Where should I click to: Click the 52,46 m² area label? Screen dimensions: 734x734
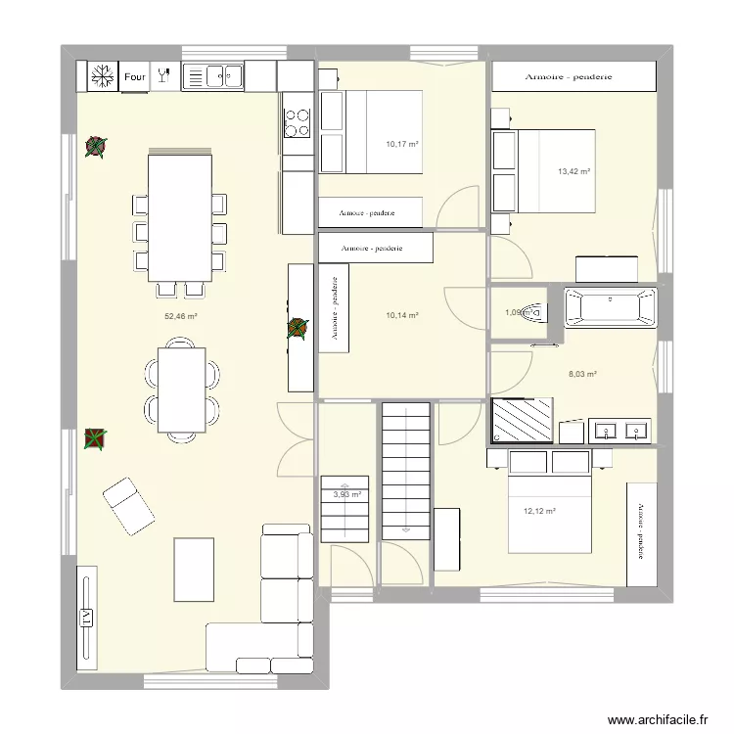point(181,316)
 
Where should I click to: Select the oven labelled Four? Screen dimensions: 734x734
point(135,75)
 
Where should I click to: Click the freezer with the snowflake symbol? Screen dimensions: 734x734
point(99,75)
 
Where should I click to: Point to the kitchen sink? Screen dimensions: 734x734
point(212,75)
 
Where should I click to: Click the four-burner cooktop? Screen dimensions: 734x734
point(297,122)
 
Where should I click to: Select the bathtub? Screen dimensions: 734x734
point(610,307)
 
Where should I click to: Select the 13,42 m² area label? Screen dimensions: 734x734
point(573,171)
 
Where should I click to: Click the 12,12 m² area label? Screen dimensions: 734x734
point(539,511)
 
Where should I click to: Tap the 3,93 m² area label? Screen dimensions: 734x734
point(347,495)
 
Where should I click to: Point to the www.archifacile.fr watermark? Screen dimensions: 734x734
point(657,718)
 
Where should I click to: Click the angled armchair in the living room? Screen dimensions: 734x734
point(128,506)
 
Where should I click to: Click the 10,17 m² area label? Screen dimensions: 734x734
point(402,144)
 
